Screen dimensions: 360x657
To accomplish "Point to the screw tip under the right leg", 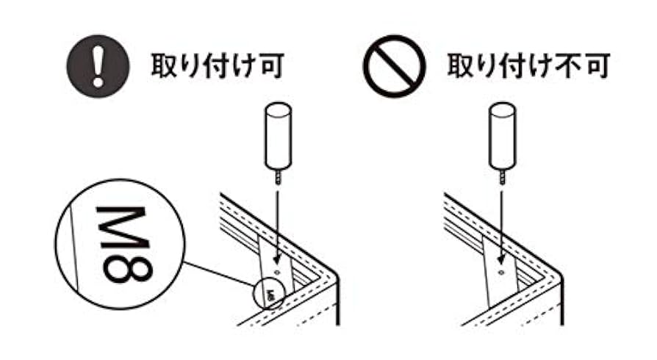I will pos(503,178).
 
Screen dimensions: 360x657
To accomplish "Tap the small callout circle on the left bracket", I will pos(267,295).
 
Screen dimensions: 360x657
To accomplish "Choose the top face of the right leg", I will pos(503,112).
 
